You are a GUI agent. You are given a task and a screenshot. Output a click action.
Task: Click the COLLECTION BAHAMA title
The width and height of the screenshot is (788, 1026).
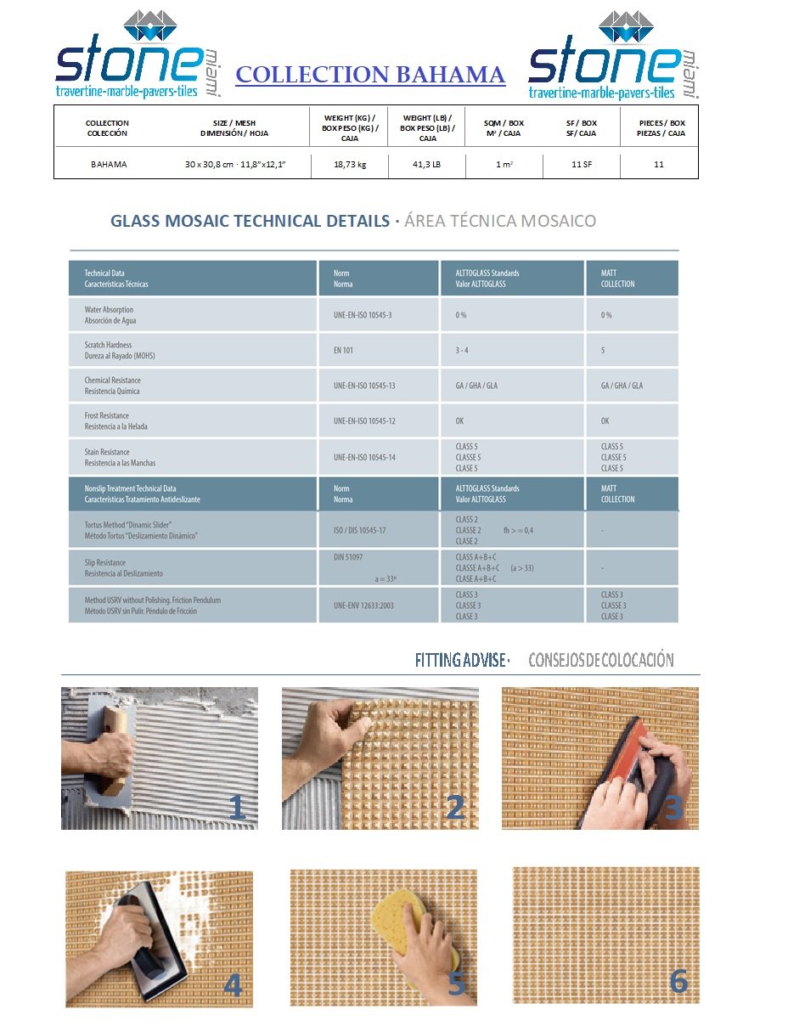370,75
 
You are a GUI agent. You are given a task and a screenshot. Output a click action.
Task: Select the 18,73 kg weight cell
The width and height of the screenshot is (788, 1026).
349,165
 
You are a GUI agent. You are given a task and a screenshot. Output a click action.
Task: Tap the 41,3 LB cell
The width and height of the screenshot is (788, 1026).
426,165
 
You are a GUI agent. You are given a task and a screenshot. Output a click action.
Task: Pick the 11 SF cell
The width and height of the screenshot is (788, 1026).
582,165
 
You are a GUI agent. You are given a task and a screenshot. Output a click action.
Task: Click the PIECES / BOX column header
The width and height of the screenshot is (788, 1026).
661,128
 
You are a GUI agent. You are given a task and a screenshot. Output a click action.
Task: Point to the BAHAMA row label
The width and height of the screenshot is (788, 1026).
109,165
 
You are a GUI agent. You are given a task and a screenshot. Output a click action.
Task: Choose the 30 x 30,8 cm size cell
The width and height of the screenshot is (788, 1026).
235,165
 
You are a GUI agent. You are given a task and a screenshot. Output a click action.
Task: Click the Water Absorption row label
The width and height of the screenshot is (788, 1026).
109,315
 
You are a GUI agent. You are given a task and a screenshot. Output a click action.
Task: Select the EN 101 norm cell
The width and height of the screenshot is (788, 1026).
343,351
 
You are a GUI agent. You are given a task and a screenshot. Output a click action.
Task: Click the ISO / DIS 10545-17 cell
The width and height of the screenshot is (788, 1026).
360,530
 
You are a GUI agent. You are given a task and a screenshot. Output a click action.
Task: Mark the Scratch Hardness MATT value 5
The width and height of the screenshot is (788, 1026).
604,351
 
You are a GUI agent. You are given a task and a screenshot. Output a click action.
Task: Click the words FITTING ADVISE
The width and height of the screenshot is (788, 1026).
461,660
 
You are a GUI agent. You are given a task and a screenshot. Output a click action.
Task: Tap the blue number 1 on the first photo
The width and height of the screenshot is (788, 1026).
237,808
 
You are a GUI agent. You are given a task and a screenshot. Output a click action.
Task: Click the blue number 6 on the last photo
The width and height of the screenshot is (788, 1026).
678,980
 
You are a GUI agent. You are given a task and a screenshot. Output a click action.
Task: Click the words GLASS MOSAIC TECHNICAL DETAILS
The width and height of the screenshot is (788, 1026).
250,222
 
